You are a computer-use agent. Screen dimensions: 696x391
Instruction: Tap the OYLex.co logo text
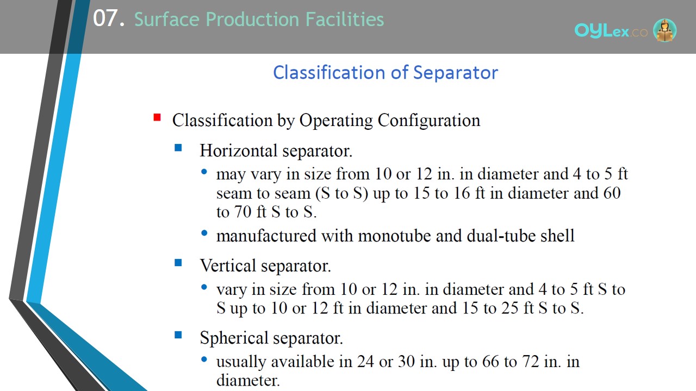611,30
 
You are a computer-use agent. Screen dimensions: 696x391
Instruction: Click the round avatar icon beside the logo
665,30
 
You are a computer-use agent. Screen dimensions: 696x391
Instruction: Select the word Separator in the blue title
456,73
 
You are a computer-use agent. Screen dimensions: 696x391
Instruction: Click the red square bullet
157,118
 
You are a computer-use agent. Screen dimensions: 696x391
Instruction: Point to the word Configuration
429,121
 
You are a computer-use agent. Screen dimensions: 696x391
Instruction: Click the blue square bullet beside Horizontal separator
178,147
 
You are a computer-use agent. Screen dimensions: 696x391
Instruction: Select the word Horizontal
239,151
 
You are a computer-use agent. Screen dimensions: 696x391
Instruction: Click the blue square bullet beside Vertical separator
178,263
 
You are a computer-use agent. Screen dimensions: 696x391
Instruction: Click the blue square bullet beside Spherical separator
178,335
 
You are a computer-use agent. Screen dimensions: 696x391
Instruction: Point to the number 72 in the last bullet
530,362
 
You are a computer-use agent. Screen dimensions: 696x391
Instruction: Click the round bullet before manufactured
204,233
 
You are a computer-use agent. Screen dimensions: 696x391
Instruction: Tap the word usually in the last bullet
241,362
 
